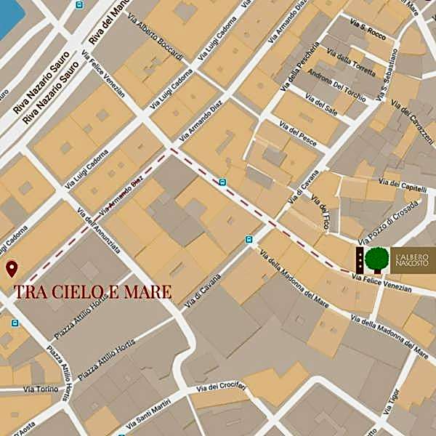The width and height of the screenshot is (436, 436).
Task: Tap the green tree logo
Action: [376, 259]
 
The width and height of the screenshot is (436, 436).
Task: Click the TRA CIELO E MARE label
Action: [93, 292]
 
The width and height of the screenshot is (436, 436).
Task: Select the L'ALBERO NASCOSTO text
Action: [413, 259]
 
